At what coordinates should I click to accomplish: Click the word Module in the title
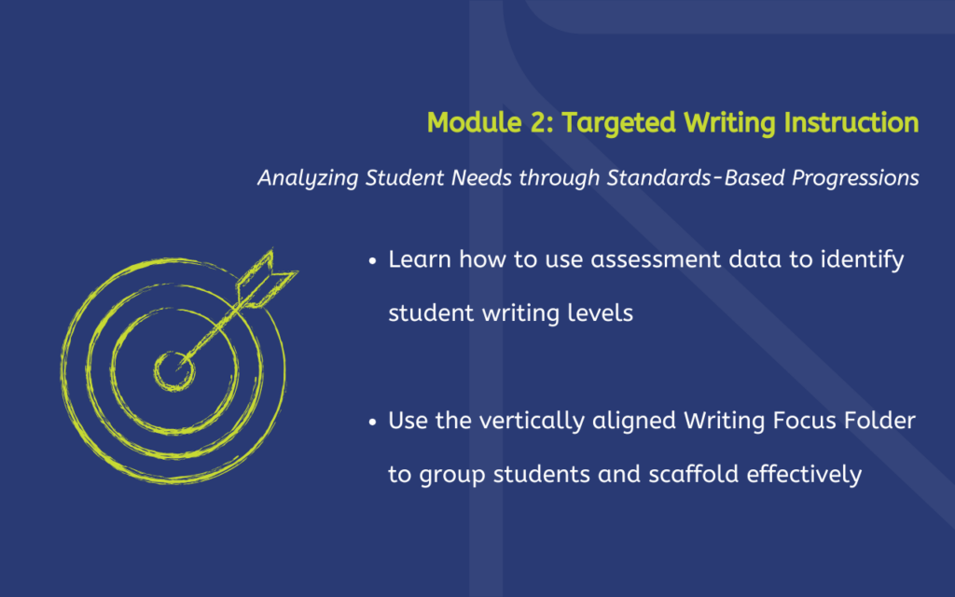tap(475, 122)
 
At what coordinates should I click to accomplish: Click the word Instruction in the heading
tap(851, 122)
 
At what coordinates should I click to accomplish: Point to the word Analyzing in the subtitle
tap(308, 178)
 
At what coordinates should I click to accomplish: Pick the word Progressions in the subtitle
tap(855, 178)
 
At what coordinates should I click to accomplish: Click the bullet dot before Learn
tap(373, 261)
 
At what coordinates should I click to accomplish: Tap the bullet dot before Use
tap(373, 423)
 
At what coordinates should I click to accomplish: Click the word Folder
tap(880, 421)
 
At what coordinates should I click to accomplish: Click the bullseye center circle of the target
tap(174, 371)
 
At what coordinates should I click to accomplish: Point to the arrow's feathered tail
tap(266, 279)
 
